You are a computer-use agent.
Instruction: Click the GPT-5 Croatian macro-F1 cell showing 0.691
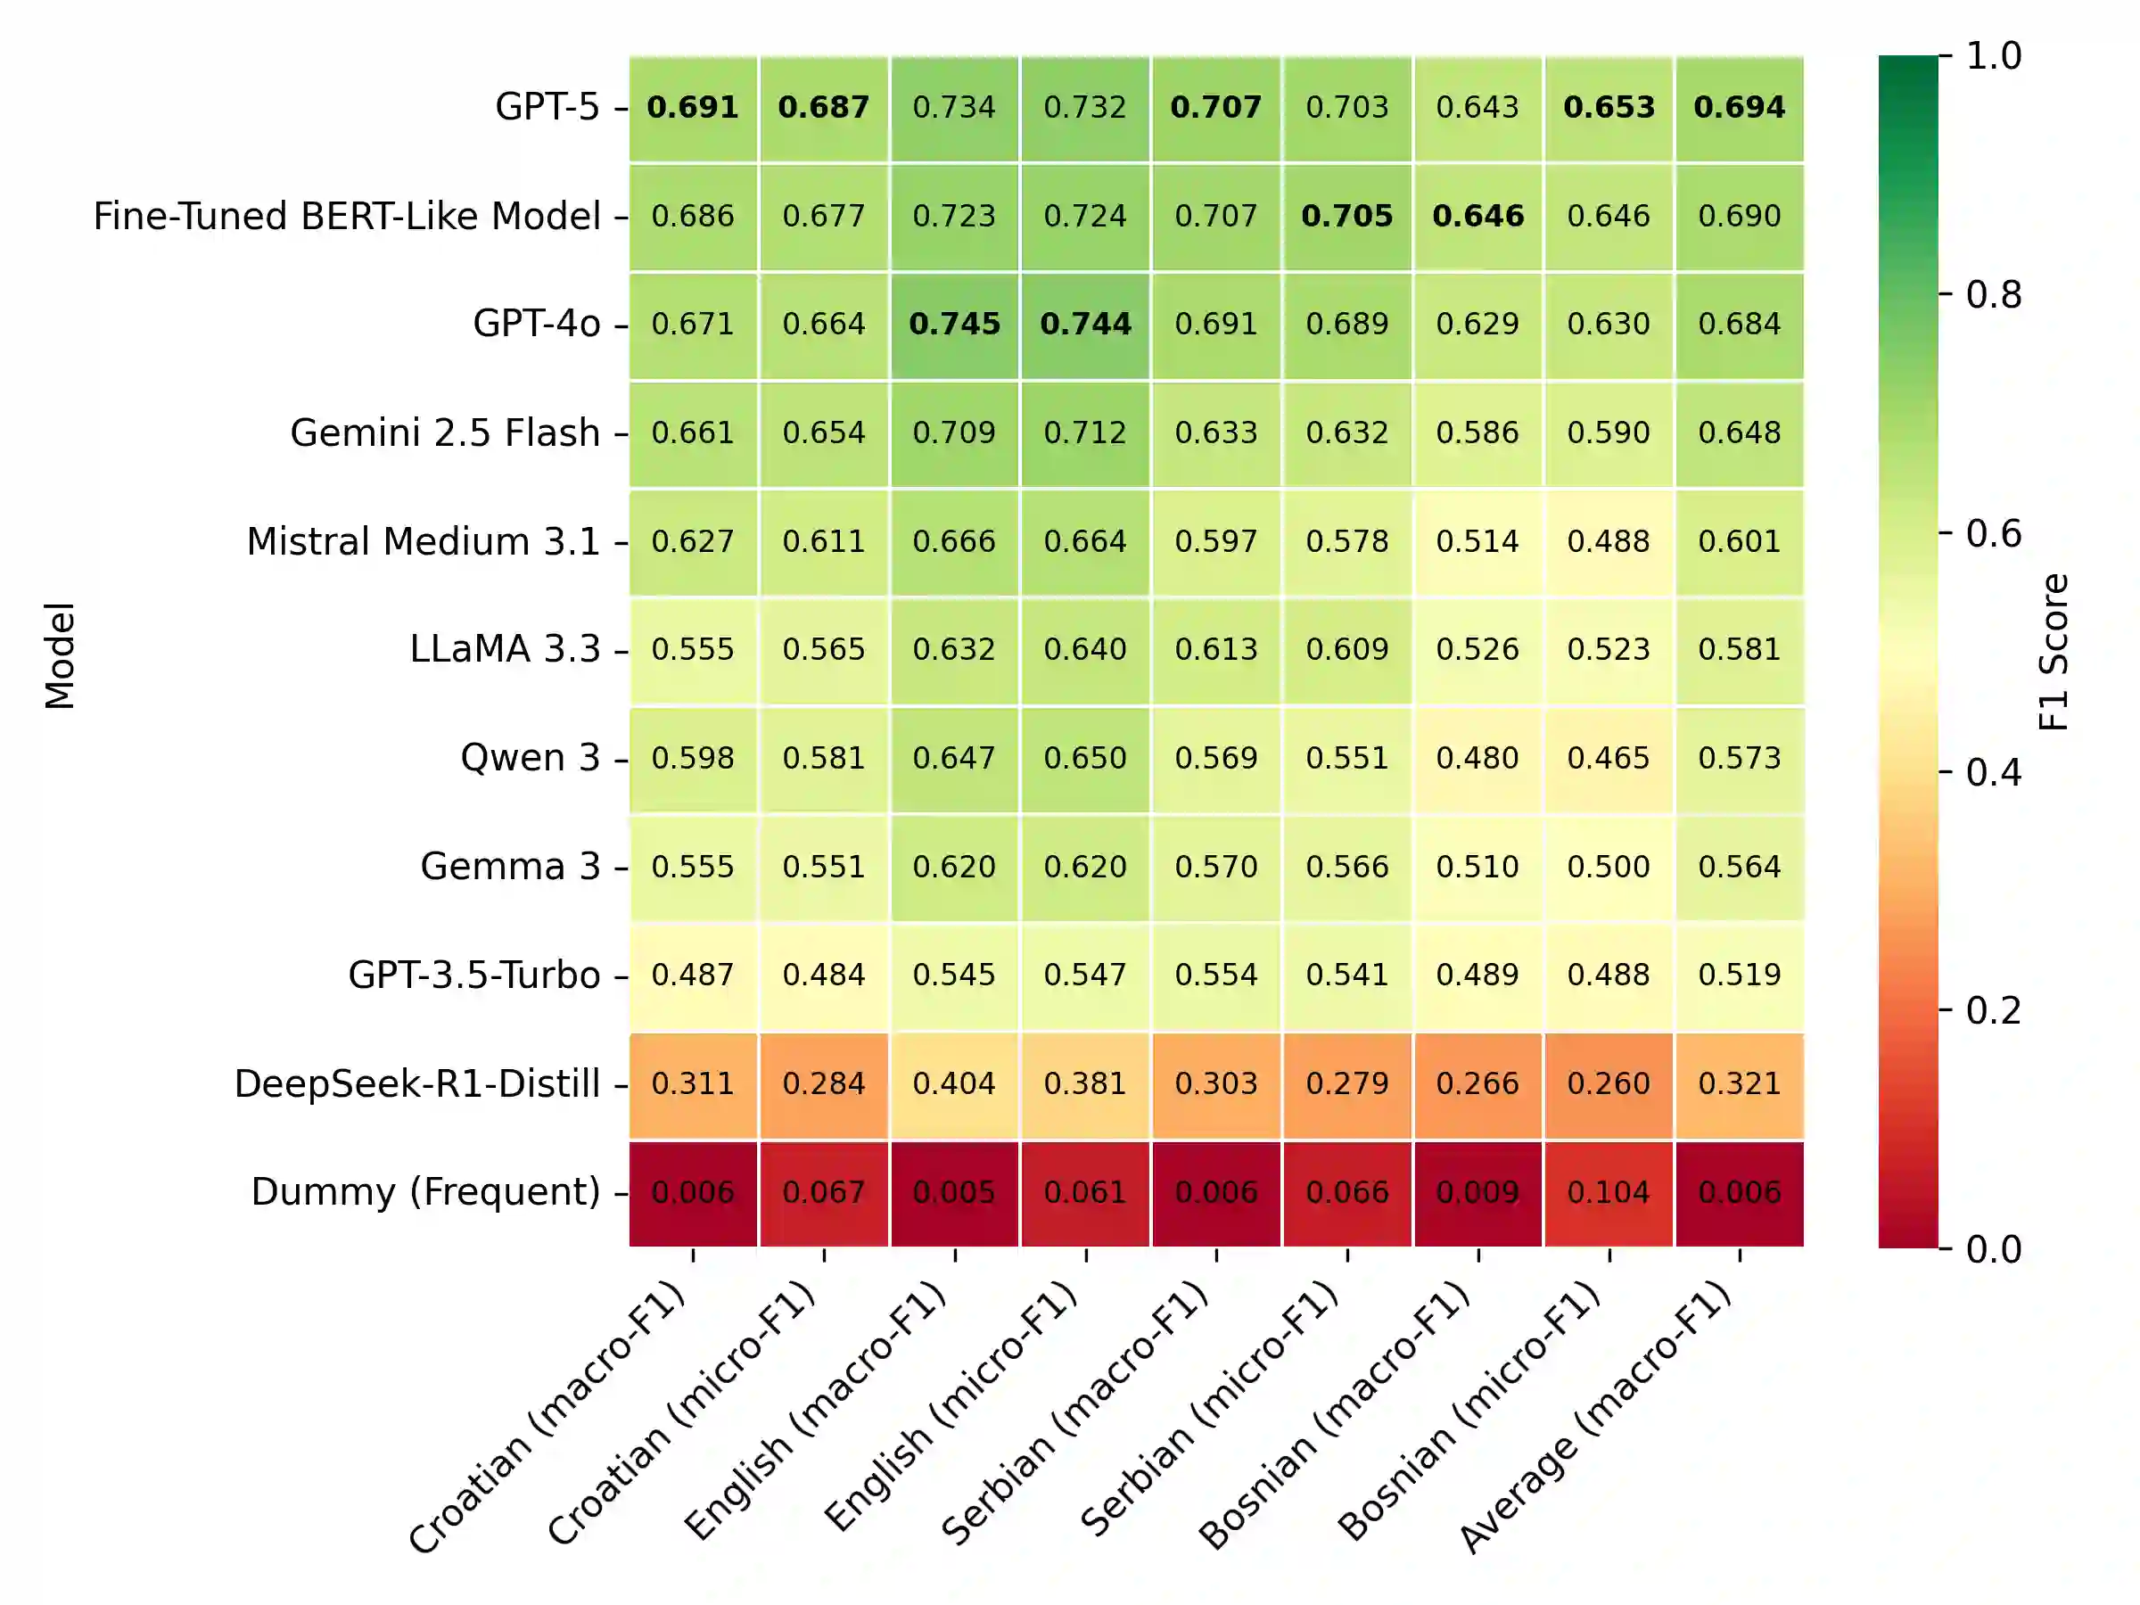693,107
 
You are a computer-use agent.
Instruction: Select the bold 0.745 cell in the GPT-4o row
955,324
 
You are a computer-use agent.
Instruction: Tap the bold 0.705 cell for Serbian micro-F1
1346,216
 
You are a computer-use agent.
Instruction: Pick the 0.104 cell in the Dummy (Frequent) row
1608,1192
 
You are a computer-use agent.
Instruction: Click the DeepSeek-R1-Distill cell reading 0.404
955,1083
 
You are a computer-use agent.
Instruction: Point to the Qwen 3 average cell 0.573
1740,758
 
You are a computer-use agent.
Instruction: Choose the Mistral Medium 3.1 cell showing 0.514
1477,541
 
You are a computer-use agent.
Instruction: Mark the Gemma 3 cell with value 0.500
1608,867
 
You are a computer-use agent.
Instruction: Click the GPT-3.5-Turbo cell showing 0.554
1216,975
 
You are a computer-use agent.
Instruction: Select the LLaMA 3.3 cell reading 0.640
1085,649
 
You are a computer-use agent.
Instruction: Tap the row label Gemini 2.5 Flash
445,432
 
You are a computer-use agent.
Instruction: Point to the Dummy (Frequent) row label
425,1192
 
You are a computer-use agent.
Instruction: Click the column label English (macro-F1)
818,1408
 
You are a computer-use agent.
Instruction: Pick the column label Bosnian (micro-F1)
1470,1408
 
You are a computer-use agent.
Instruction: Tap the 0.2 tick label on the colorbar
1993,1011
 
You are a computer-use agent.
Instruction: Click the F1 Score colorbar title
2053,651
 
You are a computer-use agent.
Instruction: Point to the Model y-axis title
60,655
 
